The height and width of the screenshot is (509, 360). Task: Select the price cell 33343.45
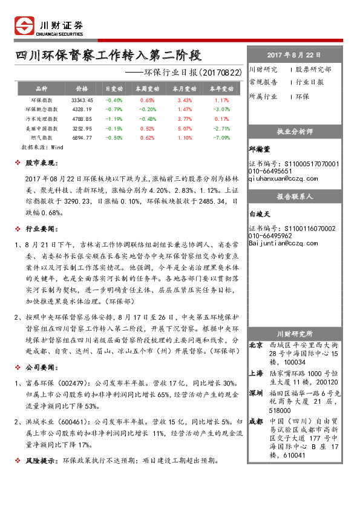[x=82, y=100]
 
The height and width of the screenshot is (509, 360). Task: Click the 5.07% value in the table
[x=185, y=128]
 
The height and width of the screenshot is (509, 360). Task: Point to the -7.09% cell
[x=221, y=138]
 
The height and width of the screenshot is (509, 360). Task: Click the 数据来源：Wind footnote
[x=42, y=147]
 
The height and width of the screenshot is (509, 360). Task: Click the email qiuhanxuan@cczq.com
[x=283, y=178]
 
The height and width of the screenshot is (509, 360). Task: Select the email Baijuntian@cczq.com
[x=283, y=244]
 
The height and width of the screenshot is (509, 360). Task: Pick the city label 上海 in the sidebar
[x=256, y=374]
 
